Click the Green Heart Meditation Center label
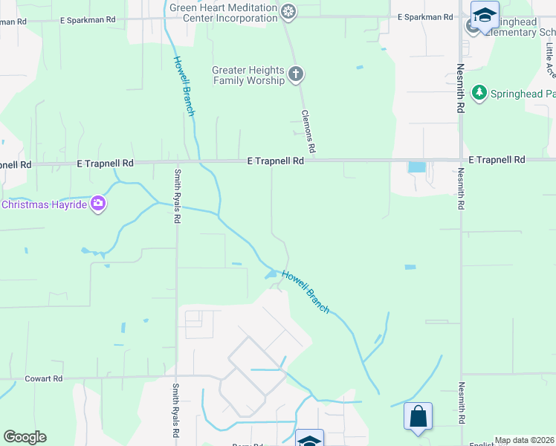point(222,13)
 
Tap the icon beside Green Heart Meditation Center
point(288,11)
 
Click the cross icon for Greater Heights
point(296,74)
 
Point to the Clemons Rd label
point(310,130)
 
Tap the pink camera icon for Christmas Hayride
point(97,203)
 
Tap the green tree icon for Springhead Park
point(480,93)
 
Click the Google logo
point(25,436)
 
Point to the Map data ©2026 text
point(524,441)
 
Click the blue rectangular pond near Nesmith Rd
point(417,167)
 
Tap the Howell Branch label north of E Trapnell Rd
point(184,86)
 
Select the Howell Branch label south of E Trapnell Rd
point(305,291)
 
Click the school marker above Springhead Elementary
point(485,16)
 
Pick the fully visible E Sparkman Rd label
point(424,16)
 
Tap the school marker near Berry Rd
point(309,439)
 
